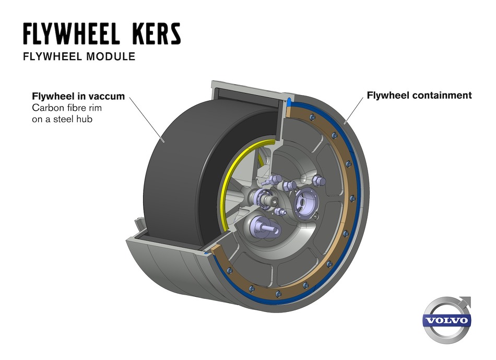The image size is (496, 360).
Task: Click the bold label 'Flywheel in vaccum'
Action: [x=78, y=97]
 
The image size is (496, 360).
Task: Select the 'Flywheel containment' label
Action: [x=419, y=96]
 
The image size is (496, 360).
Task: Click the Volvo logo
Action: [x=446, y=320]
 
